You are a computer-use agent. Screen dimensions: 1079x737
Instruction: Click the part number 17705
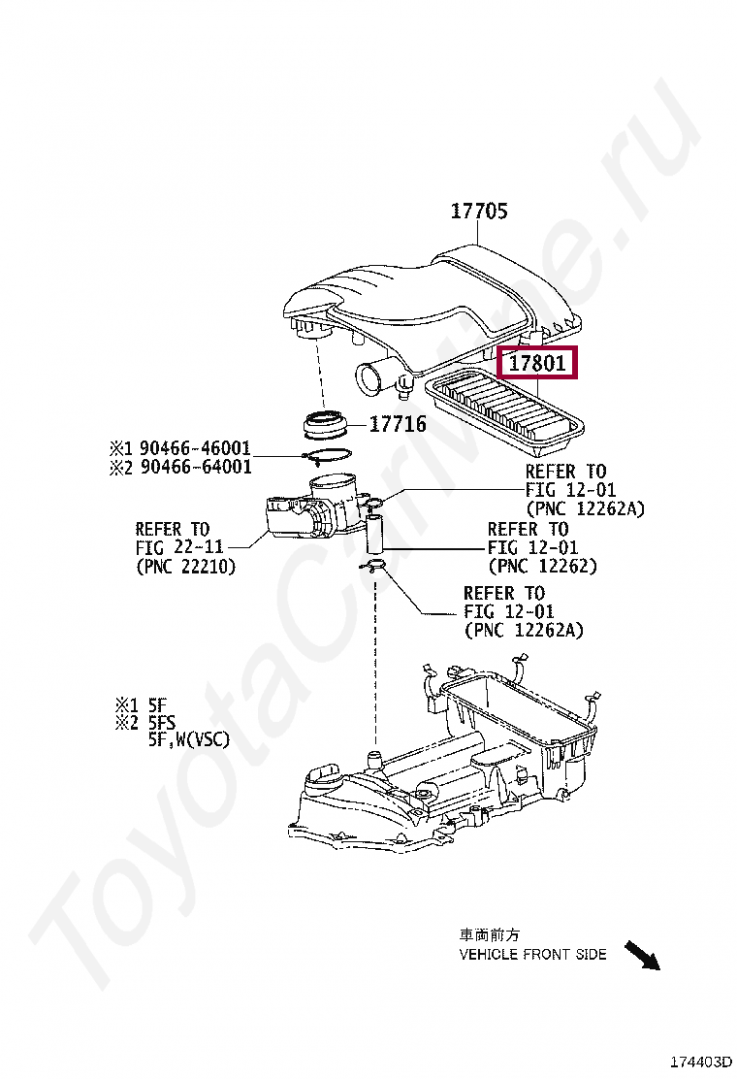pyautogui.click(x=478, y=211)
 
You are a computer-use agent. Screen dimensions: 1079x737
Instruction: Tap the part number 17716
pyautogui.click(x=397, y=424)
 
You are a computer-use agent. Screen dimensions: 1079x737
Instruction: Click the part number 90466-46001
pyautogui.click(x=194, y=448)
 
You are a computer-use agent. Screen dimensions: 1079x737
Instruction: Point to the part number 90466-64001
pyautogui.click(x=194, y=467)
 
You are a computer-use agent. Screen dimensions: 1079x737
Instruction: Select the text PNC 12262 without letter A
pyautogui.click(x=542, y=567)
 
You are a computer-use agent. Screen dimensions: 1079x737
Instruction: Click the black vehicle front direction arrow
pyautogui.click(x=641, y=956)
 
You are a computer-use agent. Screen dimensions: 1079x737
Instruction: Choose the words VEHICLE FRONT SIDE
pyautogui.click(x=532, y=954)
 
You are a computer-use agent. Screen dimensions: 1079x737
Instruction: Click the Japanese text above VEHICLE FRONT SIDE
pyautogui.click(x=489, y=935)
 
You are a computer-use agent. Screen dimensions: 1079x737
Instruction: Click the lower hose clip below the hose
pyautogui.click(x=374, y=567)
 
